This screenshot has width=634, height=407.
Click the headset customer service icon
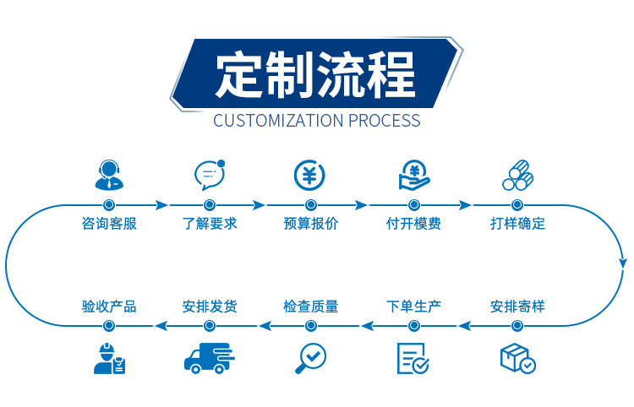pyautogui.click(x=108, y=175)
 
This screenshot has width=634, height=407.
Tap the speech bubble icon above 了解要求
pyautogui.click(x=209, y=175)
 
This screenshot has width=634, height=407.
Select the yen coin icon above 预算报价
pyautogui.click(x=310, y=175)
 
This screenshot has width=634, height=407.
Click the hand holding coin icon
pyautogui.click(x=413, y=175)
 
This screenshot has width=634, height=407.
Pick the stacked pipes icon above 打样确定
pyautogui.click(x=516, y=175)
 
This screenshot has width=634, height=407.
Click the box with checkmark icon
pyautogui.click(x=516, y=358)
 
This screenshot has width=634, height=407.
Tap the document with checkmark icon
pyautogui.click(x=413, y=358)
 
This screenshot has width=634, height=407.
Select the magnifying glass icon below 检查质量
pyautogui.click(x=310, y=358)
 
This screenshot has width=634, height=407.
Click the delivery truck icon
pyautogui.click(x=209, y=358)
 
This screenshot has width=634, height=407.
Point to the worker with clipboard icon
pyautogui.click(x=108, y=358)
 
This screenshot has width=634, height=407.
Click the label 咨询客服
pyautogui.click(x=108, y=224)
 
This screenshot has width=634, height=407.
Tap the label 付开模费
pyautogui.click(x=413, y=224)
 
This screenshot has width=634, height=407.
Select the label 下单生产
pyautogui.click(x=413, y=306)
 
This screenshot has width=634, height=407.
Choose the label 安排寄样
pyautogui.click(x=517, y=306)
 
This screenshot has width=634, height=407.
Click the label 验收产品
pyautogui.click(x=108, y=306)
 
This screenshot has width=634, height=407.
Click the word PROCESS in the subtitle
pyautogui.click(x=382, y=121)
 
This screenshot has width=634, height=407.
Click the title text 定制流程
pyautogui.click(x=315, y=75)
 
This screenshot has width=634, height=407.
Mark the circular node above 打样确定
pyautogui.click(x=516, y=205)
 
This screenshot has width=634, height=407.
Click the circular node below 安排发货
pyautogui.click(x=210, y=325)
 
